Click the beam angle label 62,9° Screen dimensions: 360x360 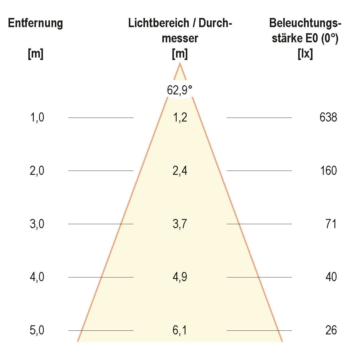180,90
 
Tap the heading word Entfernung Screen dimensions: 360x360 35,23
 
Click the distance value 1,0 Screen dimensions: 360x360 37,118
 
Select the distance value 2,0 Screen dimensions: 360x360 37,171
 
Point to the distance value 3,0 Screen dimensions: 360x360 37,224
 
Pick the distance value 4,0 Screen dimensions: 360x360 37,277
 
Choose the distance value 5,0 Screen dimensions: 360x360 37,330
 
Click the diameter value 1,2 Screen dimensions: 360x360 180,118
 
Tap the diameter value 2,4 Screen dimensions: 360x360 180,171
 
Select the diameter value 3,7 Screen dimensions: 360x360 180,224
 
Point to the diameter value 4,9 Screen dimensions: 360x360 180,277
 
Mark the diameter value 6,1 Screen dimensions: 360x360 180,330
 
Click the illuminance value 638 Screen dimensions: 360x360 328,118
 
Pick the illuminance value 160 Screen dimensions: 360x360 328,171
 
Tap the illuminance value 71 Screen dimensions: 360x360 331,224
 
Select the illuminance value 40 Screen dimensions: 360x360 331,277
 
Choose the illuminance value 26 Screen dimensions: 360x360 331,330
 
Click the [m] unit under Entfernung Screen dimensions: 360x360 35,54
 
